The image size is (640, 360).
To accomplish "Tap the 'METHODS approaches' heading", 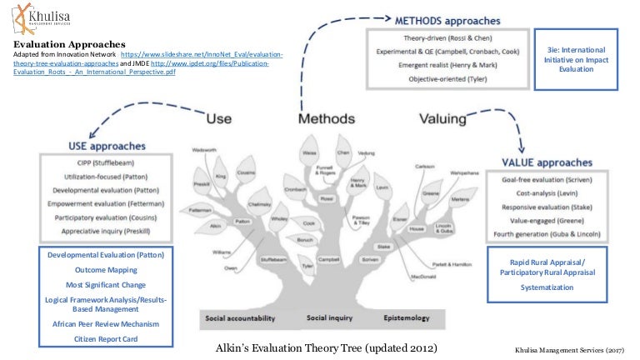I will (x=448, y=18).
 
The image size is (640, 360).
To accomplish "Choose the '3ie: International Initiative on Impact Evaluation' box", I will (x=582, y=59).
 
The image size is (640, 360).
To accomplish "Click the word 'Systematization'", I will (x=547, y=287).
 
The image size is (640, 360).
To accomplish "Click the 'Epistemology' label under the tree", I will (x=406, y=317).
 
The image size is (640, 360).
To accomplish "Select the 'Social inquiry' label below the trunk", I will (x=330, y=317).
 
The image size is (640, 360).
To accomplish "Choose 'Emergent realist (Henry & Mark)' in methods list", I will (x=448, y=64).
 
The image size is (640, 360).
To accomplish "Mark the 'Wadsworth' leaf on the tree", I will (x=206, y=151).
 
